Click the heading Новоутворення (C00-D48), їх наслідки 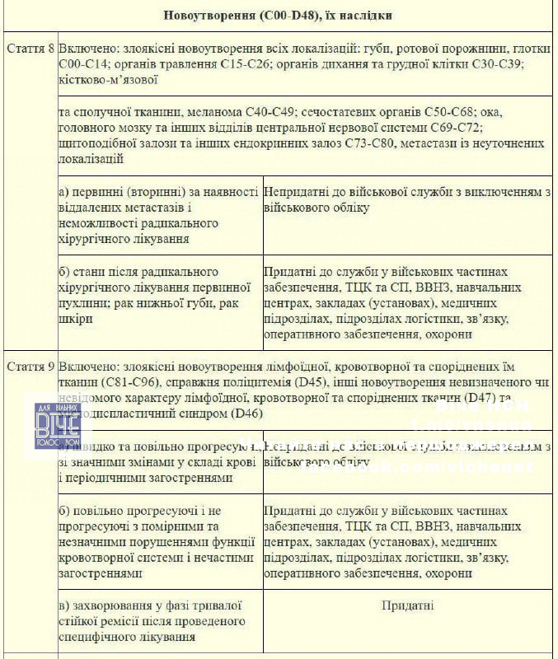coord(278,15)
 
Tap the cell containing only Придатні coord(407,606)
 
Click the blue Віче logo coord(57,425)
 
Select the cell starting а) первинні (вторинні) coord(160,214)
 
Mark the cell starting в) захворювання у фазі coord(160,621)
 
